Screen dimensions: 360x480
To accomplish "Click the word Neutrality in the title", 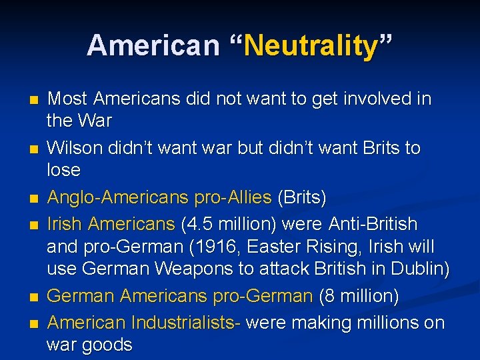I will tap(311, 47).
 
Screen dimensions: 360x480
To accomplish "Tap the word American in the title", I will tap(153, 45).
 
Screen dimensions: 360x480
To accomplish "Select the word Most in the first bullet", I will tap(67, 99).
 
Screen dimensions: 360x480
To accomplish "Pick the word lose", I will tap(63, 170).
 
